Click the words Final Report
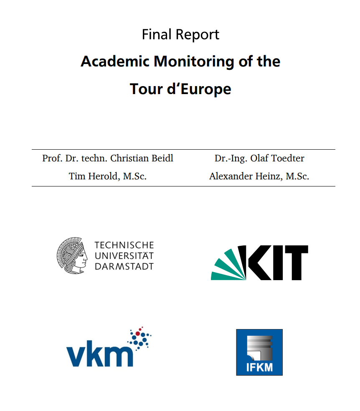point(180,34)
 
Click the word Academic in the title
point(115,61)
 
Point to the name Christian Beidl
point(142,158)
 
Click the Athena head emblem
point(72,255)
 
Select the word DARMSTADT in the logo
point(124,266)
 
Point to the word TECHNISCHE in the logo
point(124,245)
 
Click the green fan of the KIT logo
point(228,265)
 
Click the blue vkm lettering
point(99,355)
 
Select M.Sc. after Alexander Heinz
point(297,176)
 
